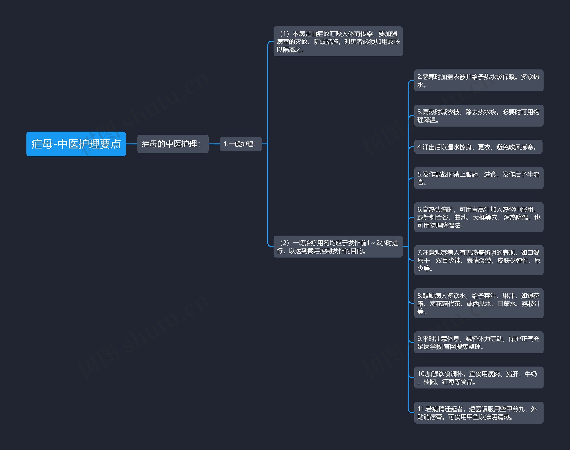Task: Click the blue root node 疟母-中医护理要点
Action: point(76,144)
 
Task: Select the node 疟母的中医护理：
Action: point(173,144)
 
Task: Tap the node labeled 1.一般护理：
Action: point(241,144)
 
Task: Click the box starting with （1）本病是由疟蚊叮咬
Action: point(338,41)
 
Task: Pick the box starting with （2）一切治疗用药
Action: point(338,247)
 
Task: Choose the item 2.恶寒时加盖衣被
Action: point(478,81)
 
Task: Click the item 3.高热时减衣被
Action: point(478,116)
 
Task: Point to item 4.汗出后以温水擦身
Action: point(478,147)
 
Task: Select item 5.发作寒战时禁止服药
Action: point(478,178)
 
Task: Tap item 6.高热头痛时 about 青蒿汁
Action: point(478,217)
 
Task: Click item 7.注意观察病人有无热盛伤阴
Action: point(478,260)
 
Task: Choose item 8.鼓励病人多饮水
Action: point(478,303)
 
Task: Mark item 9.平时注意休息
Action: point(478,343)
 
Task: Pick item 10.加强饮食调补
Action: point(478,377)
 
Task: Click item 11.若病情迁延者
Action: point(478,413)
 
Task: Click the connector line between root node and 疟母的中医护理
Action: point(132,144)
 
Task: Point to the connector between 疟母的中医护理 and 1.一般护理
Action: point(214,144)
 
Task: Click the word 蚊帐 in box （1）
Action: point(393,42)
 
